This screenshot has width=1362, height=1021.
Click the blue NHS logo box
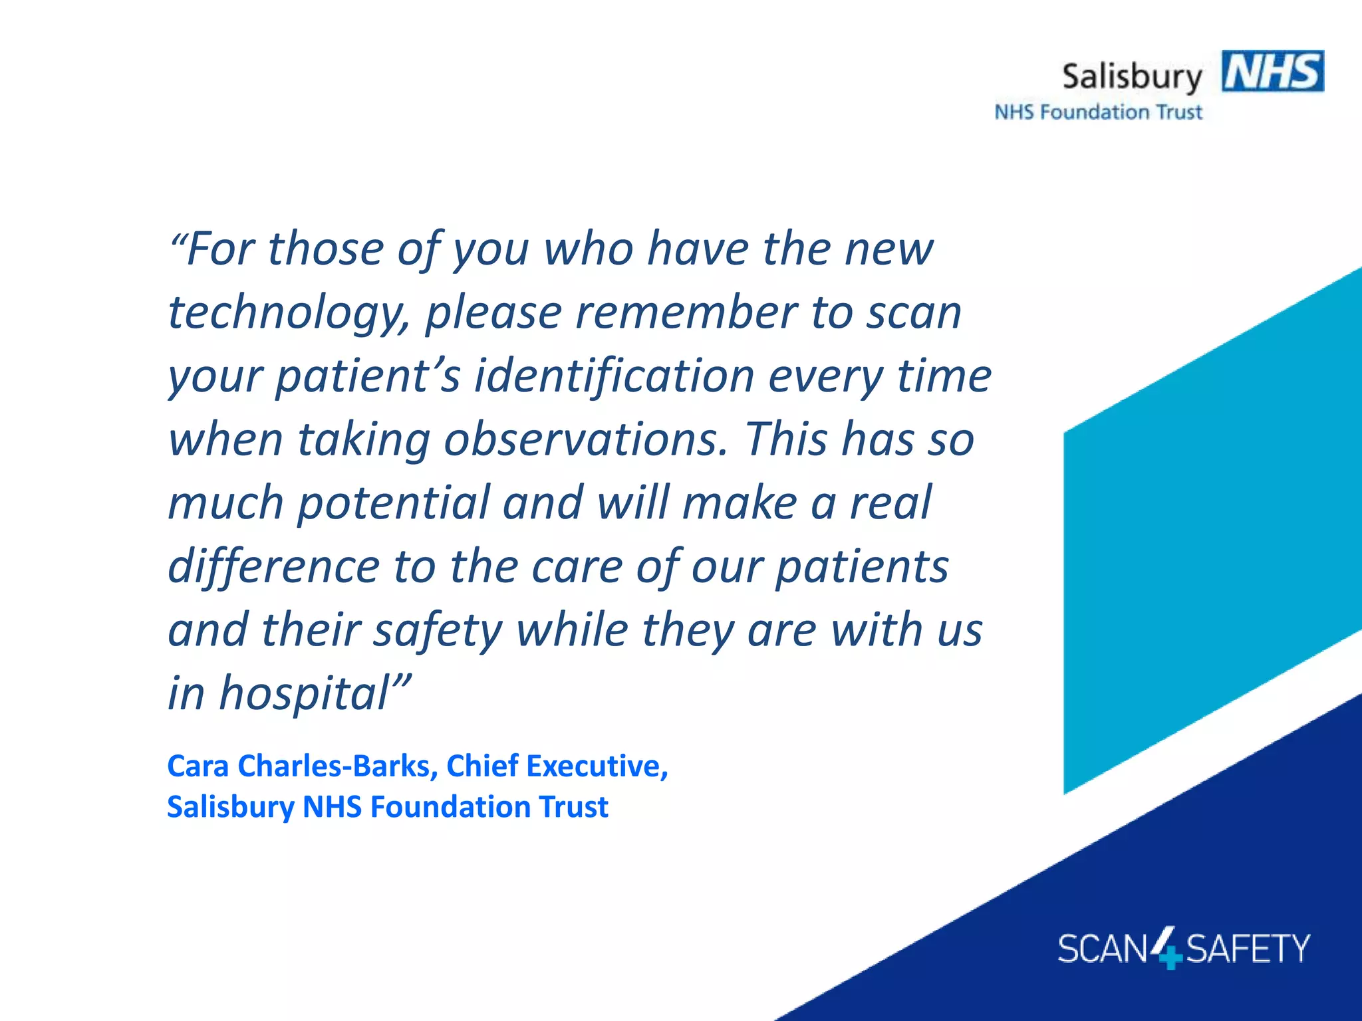[x=1272, y=71]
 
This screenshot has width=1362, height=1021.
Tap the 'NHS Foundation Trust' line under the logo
[x=1098, y=112]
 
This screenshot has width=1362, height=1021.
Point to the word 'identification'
[x=613, y=376]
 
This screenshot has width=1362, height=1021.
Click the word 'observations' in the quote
[x=585, y=439]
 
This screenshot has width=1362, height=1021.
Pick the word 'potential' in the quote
[x=393, y=503]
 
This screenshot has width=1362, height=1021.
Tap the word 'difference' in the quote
[x=273, y=566]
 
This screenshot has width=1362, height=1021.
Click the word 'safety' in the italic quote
[x=437, y=630]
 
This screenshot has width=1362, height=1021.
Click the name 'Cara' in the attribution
[x=198, y=766]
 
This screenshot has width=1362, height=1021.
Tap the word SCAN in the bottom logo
[x=1103, y=949]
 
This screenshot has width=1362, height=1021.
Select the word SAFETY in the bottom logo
[x=1248, y=949]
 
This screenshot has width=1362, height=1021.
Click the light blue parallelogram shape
[x=1210, y=532]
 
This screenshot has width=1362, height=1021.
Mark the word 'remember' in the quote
[x=686, y=312]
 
